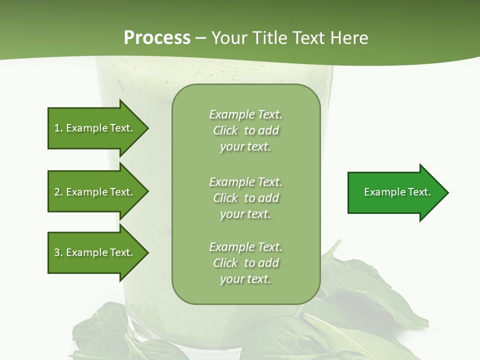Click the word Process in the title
coord(157,38)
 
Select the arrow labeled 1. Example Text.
coord(95,128)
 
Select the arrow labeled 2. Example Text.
coord(95,192)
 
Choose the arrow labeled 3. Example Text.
coord(95,252)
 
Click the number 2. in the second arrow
coord(58,192)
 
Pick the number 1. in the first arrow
coord(58,128)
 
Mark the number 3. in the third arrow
coord(58,252)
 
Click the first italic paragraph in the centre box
coord(245,130)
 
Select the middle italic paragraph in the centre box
coord(245,198)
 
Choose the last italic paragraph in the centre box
coord(245,263)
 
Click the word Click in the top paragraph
coord(225,130)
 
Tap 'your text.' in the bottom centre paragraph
coord(245,279)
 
